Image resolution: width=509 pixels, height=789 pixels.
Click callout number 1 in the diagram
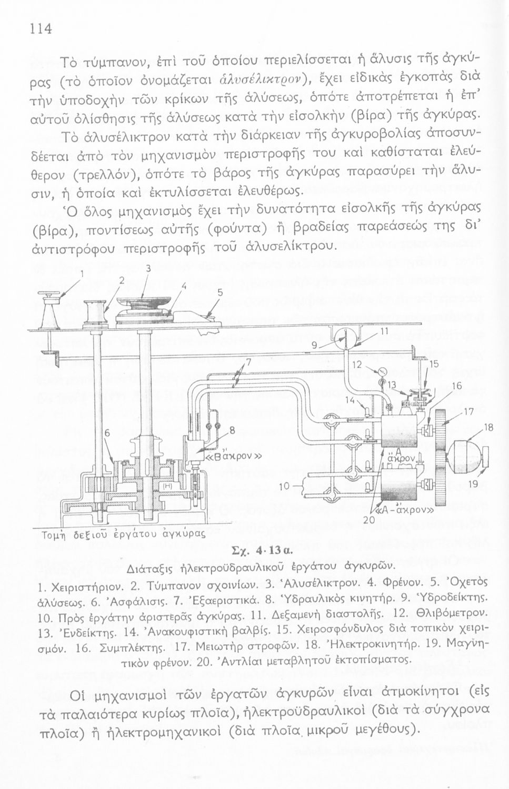82,272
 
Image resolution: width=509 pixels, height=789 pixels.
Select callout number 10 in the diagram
284,486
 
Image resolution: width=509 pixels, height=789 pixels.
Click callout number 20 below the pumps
368,519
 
